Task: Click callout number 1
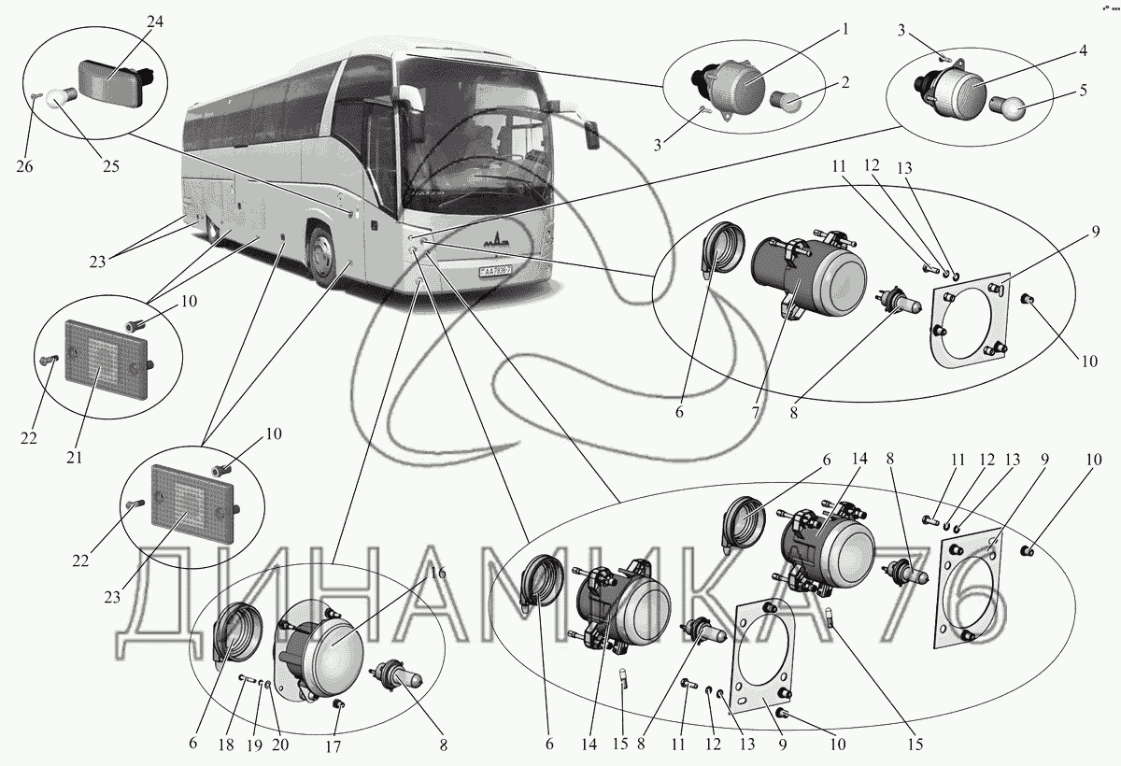pyautogui.click(x=844, y=28)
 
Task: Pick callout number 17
pyautogui.click(x=333, y=746)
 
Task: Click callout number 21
pyautogui.click(x=75, y=458)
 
